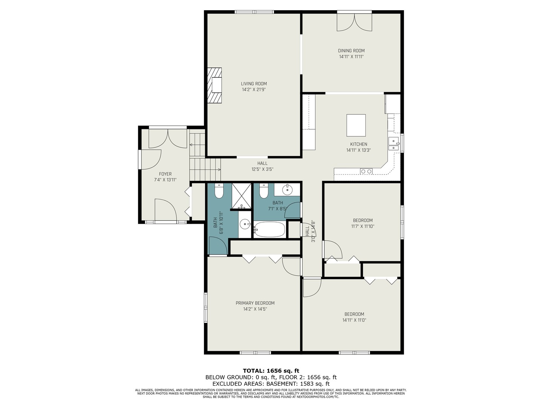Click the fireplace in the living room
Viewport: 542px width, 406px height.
point(214,85)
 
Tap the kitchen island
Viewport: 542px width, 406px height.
point(356,125)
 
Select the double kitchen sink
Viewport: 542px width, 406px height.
point(394,144)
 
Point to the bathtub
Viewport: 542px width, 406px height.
point(269,229)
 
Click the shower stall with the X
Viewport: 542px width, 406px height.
point(241,196)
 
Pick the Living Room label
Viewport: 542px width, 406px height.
point(254,84)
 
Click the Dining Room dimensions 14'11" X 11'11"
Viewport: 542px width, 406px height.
point(352,57)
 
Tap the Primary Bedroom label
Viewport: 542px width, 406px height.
point(255,303)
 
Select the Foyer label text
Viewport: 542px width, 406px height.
point(165,174)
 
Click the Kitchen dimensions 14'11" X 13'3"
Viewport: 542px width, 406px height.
point(359,150)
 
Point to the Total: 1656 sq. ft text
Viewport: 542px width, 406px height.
point(271,371)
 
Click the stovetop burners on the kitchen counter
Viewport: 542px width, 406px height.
point(366,171)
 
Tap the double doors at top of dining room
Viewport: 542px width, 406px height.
point(355,22)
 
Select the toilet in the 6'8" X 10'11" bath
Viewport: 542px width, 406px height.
point(219,191)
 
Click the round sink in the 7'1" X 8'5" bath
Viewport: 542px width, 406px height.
point(287,189)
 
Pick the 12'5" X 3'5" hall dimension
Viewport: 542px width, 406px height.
point(262,169)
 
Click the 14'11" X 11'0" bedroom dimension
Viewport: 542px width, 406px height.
point(354,320)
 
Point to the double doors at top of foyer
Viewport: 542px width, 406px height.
point(167,139)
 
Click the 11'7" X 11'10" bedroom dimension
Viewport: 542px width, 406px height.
point(362,226)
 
